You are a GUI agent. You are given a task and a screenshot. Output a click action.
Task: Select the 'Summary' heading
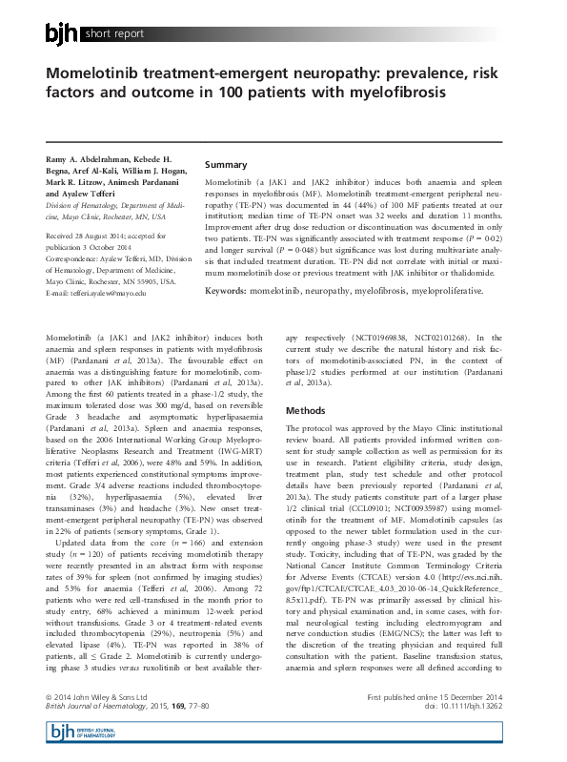(226, 165)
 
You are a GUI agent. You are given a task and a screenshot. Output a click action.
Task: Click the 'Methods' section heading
(306, 410)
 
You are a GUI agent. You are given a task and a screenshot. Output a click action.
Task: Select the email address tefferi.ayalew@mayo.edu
(96, 293)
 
